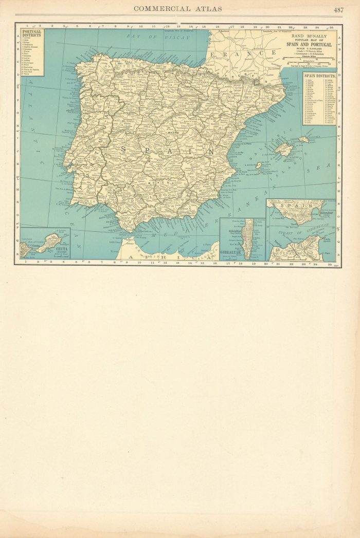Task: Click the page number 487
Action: coord(338,9)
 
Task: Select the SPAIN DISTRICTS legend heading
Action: coord(318,75)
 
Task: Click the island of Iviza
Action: coord(258,166)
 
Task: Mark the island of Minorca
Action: coord(304,139)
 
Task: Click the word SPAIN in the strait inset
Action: coord(300,207)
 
